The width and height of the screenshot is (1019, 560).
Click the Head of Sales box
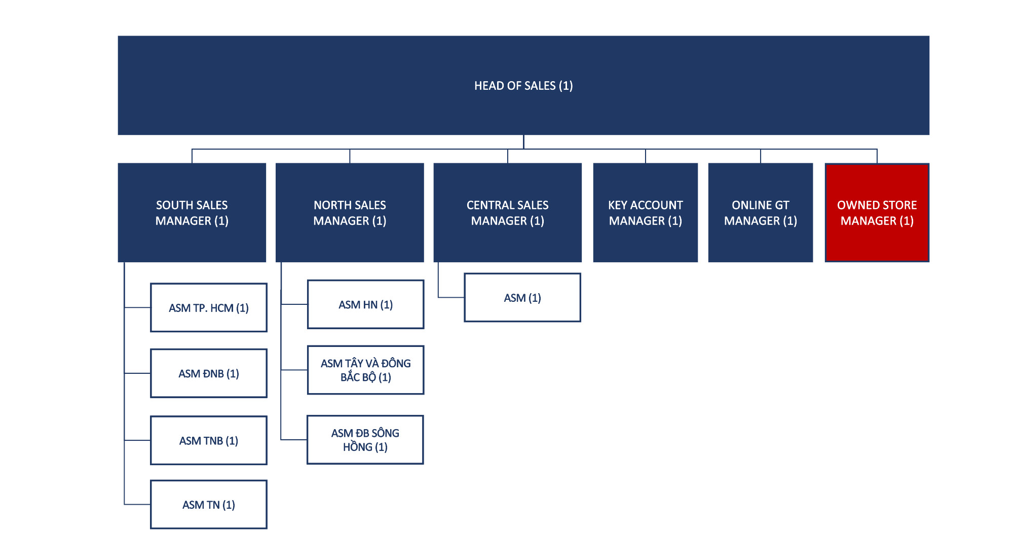(x=523, y=85)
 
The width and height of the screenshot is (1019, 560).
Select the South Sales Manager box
(x=192, y=213)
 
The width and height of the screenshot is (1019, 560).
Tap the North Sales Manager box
(x=350, y=213)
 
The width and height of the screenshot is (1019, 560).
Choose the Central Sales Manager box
(x=508, y=213)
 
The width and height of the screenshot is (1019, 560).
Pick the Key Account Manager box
(x=646, y=213)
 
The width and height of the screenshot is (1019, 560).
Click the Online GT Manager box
(x=761, y=213)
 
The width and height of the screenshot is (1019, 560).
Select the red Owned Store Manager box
(x=877, y=213)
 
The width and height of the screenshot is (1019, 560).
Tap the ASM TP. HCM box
(x=209, y=308)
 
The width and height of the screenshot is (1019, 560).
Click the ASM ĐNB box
(x=209, y=373)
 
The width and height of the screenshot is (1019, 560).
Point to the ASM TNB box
(x=209, y=440)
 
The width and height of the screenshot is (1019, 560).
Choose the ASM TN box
(x=209, y=505)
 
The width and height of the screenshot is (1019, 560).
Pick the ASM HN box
(x=366, y=304)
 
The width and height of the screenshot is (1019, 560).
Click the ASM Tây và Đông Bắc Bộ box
(x=366, y=370)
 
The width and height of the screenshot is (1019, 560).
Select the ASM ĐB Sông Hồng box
(x=365, y=440)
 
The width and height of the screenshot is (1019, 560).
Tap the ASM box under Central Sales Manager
(x=522, y=298)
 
